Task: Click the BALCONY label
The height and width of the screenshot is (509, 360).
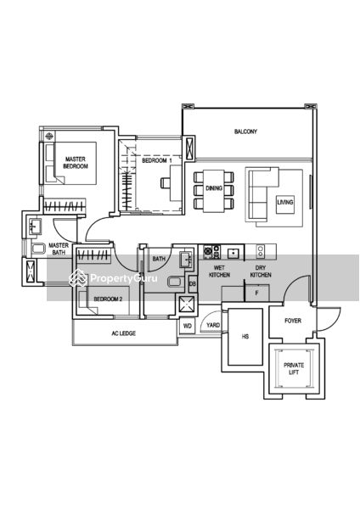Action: tap(246, 131)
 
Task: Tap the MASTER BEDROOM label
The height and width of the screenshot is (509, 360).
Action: tap(76, 162)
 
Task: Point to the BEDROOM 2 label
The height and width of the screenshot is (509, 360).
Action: tap(109, 299)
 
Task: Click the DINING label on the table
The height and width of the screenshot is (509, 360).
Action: tap(214, 189)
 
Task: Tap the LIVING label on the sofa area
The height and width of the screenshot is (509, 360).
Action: tap(285, 202)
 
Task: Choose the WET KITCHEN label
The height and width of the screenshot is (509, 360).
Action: tap(218, 271)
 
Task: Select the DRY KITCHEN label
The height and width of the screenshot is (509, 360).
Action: tap(261, 271)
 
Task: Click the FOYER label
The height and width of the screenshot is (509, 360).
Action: tap(293, 321)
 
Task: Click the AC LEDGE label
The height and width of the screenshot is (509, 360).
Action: tap(124, 333)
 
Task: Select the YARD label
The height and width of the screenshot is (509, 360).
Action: tap(212, 325)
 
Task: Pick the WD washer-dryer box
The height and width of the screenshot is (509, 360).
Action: tap(187, 325)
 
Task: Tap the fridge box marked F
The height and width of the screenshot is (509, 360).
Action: tap(256, 294)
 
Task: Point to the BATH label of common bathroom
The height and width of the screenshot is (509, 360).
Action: tap(159, 260)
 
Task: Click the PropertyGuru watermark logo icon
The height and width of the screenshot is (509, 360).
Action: tap(78, 277)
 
